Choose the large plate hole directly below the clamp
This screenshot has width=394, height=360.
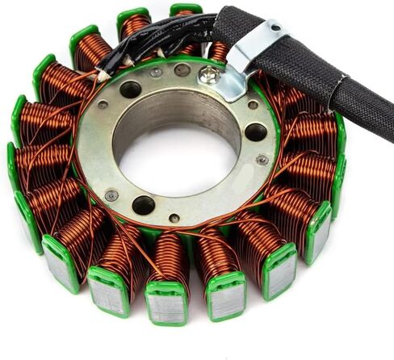pyautogui.click(x=255, y=132)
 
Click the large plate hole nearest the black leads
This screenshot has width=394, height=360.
pyautogui.click(x=129, y=90)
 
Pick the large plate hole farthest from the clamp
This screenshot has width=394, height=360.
pyautogui.click(x=144, y=205)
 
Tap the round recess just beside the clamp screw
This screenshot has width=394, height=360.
pyautogui.click(x=182, y=70)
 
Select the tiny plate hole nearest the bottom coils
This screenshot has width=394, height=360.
pyautogui.click(x=174, y=218)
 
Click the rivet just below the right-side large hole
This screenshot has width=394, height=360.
pyautogui.click(x=262, y=160)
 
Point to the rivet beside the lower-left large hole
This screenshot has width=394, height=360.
pyautogui.click(x=111, y=195)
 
